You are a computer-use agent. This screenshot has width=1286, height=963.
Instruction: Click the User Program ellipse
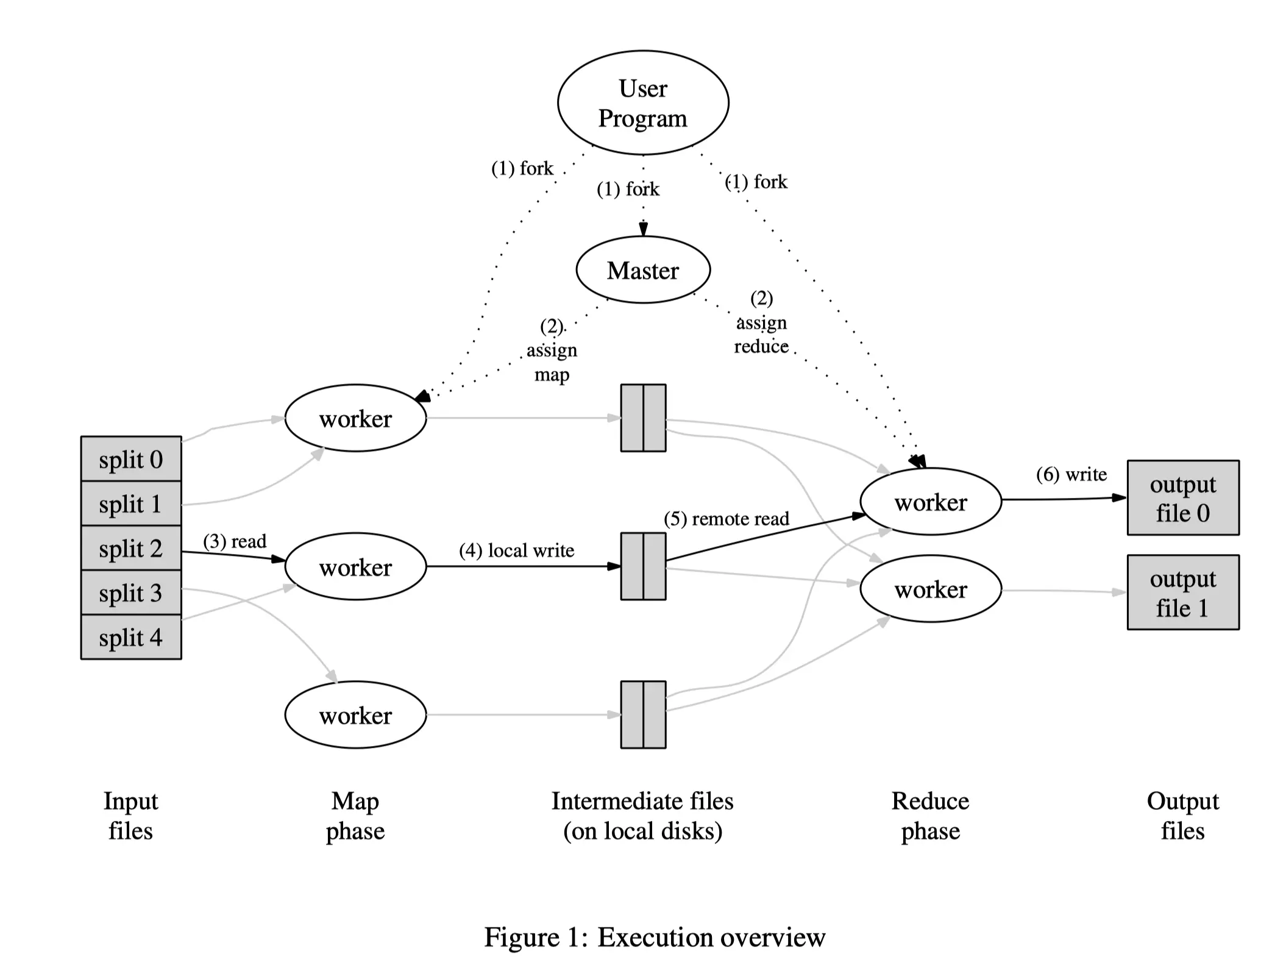[x=643, y=102]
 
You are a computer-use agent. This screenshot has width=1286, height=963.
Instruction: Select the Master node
[x=643, y=270]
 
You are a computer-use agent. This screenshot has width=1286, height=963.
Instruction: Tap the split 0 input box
[x=131, y=459]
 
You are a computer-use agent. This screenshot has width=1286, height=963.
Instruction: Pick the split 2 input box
[x=131, y=548]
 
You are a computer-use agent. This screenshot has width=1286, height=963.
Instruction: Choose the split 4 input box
[x=131, y=637]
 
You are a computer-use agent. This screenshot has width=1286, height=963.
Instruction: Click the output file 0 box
[x=1182, y=498]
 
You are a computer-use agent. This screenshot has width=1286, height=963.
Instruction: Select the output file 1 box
[x=1182, y=592]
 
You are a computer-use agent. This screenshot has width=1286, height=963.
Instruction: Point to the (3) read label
[x=235, y=541]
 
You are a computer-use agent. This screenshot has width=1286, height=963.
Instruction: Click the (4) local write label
[x=516, y=550]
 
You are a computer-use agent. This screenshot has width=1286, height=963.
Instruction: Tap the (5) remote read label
[x=726, y=519]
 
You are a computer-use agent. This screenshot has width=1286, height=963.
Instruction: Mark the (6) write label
[x=1071, y=474]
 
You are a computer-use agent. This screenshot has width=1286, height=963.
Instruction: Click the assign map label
[x=552, y=351]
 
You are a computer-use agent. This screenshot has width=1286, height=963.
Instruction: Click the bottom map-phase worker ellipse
[x=355, y=715]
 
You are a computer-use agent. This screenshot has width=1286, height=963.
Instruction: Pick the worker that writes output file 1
[x=931, y=589]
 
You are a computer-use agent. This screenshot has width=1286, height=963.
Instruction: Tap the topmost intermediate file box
[x=643, y=418]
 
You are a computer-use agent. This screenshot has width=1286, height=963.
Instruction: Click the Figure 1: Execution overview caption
[x=655, y=937]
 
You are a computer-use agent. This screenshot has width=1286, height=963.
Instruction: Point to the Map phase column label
[x=355, y=816]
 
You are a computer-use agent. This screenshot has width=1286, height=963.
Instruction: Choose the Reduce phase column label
[x=930, y=816]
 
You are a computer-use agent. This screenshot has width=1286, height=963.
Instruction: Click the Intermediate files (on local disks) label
[x=642, y=816]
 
